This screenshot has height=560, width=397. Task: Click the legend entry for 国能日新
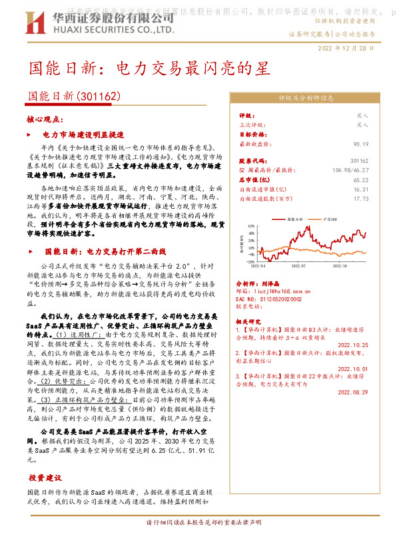(x=294, y=218)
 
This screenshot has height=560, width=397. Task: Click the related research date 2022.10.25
(x=353, y=345)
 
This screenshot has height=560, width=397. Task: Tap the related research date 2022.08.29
(x=353, y=392)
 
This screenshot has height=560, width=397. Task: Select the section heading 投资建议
(x=45, y=478)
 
